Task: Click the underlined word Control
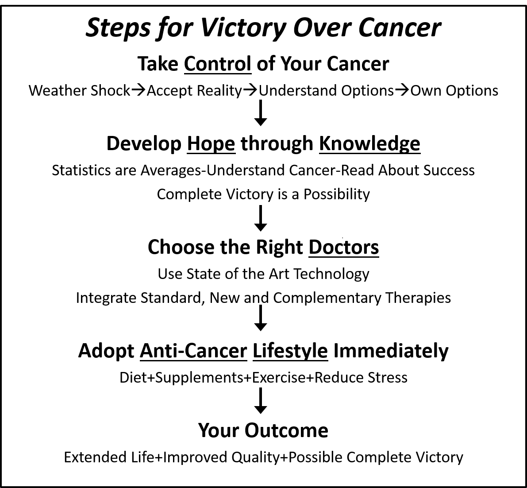point(217,64)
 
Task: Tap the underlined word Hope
point(211,143)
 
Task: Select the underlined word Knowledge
point(370,143)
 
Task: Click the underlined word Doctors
point(344,247)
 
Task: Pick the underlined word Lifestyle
point(290,351)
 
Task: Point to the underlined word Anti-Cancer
point(194,351)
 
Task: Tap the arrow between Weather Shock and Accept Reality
point(138,90)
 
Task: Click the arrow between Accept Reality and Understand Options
point(250,90)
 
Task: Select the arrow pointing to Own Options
point(402,90)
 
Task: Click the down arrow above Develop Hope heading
point(261,113)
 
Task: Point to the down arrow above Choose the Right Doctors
point(261,218)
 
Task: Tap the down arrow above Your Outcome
point(261,401)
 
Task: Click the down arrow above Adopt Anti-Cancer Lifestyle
point(261,318)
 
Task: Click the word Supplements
point(199,378)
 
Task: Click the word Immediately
point(391,351)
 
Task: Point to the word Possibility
point(337,194)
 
